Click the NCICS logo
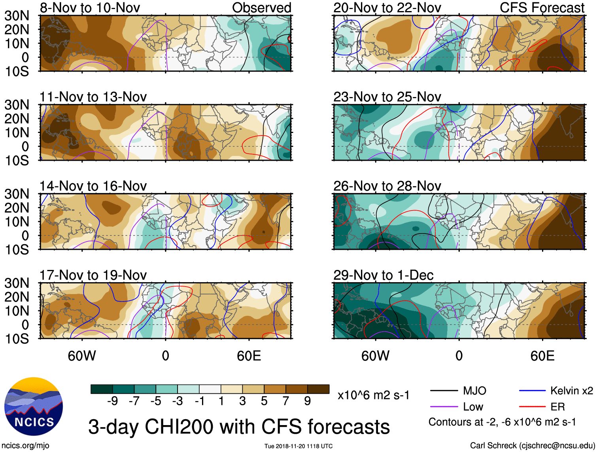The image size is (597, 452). (34, 406)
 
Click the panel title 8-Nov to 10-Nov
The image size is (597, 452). (90, 8)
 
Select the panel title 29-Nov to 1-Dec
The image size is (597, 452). (383, 275)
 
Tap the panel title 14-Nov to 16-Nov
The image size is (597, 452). (93, 186)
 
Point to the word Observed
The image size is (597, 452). (261, 8)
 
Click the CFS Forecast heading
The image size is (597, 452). (542, 8)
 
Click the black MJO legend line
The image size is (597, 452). (444, 391)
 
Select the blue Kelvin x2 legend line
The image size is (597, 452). (532, 391)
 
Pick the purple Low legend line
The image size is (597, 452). (444, 406)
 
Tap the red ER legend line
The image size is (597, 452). (532, 406)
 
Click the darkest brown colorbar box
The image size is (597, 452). (318, 389)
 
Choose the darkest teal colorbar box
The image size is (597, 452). (102, 389)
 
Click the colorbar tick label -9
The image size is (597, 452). (112, 401)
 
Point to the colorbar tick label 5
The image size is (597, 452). (264, 401)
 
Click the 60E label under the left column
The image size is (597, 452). (249, 356)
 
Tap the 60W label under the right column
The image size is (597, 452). (375, 356)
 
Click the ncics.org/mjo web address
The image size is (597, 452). (26, 446)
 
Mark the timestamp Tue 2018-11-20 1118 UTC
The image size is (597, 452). (298, 446)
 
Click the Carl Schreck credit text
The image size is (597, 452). (532, 446)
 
